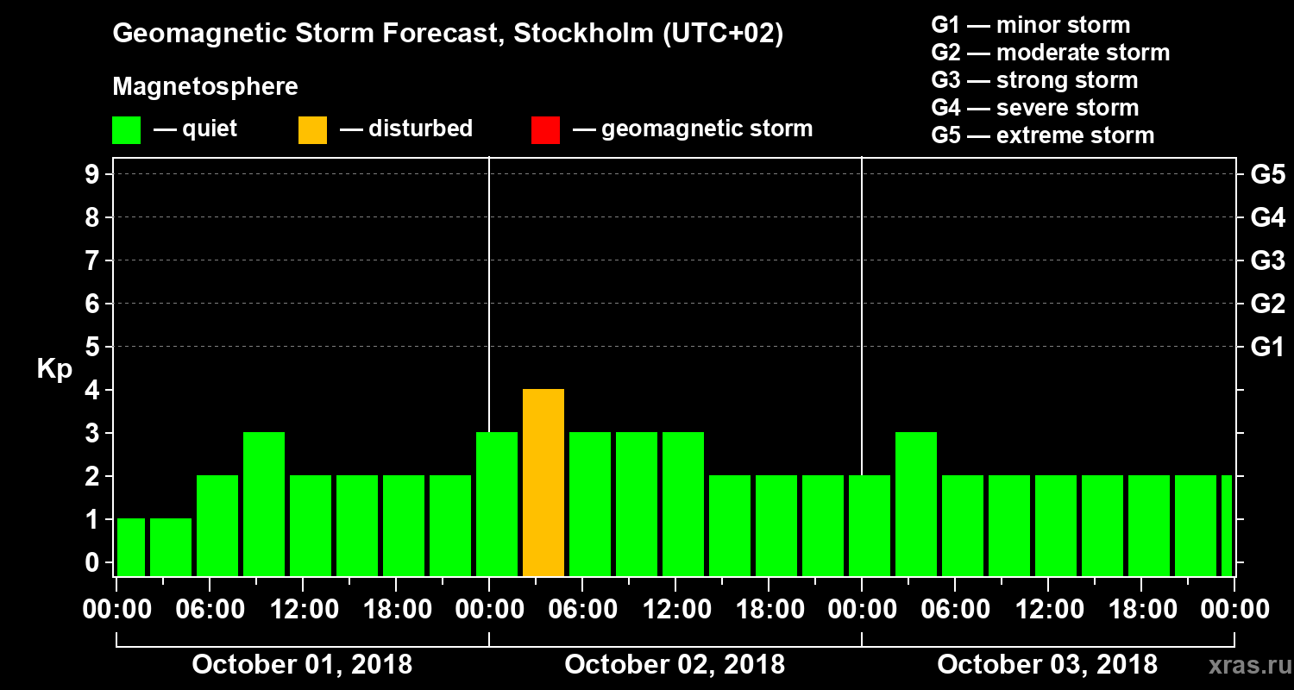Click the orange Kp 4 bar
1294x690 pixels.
543,482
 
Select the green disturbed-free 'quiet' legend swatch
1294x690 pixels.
126,129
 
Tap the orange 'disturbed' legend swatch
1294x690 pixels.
312,129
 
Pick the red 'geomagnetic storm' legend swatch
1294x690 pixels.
545,129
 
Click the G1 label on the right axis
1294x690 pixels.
1267,348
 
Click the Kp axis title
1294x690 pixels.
54,369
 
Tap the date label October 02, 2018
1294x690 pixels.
675,665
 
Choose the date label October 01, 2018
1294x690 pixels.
302,665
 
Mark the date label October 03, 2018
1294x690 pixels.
1047,665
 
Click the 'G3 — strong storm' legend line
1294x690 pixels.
1034,80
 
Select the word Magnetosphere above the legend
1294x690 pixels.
205,87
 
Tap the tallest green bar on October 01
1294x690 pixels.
264,504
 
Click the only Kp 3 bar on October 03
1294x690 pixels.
916,504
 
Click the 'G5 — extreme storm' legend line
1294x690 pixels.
1042,135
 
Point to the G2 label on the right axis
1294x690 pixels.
1267,304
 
